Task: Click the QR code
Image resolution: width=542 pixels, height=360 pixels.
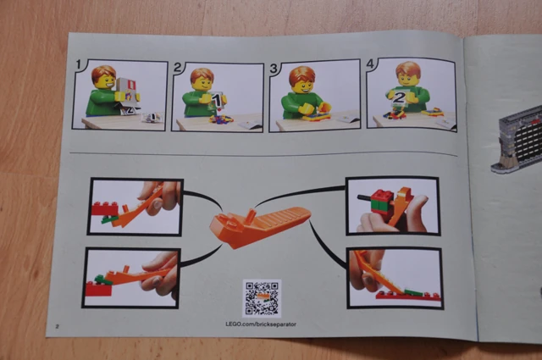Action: (x=262, y=298)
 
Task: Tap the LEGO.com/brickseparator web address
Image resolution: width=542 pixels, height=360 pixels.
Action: (x=261, y=324)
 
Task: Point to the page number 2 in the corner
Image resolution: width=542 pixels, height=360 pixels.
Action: (x=58, y=326)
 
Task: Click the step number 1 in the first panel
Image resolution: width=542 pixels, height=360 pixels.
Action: (x=79, y=64)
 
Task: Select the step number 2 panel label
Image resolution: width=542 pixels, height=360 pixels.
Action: (x=177, y=67)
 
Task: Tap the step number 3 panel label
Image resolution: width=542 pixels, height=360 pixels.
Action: (x=274, y=68)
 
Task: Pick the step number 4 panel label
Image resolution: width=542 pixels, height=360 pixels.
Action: (x=370, y=64)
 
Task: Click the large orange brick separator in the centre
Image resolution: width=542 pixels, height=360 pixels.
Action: (x=260, y=226)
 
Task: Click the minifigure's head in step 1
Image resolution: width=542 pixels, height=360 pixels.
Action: (x=104, y=78)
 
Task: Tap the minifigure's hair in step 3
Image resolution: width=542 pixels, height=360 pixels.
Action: (x=301, y=75)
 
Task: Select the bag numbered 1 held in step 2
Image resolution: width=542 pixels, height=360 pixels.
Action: (x=217, y=101)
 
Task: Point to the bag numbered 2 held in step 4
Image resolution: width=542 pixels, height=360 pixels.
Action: (x=399, y=98)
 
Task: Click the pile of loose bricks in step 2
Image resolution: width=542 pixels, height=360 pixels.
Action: (x=221, y=119)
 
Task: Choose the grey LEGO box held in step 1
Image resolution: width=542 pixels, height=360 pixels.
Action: (x=127, y=92)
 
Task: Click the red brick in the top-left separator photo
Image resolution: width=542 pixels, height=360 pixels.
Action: (x=105, y=208)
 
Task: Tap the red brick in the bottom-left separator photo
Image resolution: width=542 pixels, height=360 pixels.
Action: (x=99, y=289)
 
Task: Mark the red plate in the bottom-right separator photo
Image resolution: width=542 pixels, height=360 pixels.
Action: (x=408, y=296)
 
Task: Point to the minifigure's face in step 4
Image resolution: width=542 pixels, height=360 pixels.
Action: (x=408, y=79)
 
